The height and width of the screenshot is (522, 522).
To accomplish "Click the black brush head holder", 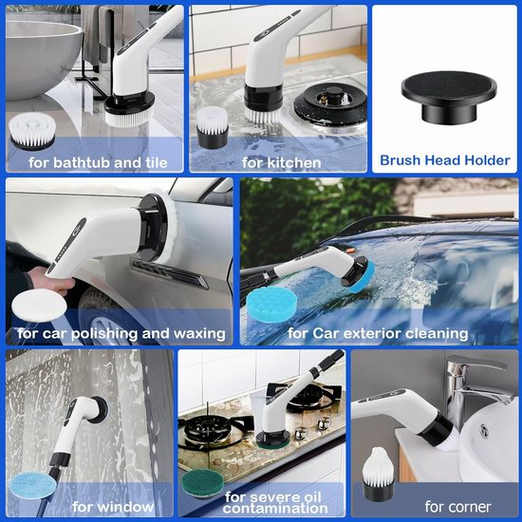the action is click(449, 97).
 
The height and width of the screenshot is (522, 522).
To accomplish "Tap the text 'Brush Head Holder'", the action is click(445, 160).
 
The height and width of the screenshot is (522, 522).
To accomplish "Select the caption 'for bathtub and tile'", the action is click(98, 163).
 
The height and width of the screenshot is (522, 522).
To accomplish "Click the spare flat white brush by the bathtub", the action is click(32, 131).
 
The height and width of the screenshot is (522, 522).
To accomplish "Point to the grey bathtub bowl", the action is click(42, 58).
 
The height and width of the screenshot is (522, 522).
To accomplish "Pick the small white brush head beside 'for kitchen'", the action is click(212, 127).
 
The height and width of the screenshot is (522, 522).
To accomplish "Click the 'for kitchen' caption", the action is click(281, 163).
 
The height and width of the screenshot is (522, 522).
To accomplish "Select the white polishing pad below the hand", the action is click(39, 306).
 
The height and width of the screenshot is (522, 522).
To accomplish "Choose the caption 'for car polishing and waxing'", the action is click(121, 333).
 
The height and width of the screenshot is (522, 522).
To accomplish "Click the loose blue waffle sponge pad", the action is click(271, 305).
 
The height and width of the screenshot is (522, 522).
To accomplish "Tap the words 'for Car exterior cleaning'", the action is click(378, 333).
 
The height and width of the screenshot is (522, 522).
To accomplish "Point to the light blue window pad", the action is click(32, 485).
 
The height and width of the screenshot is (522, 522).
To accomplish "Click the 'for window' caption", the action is click(113, 507).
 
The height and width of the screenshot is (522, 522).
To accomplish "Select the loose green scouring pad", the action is click(203, 483).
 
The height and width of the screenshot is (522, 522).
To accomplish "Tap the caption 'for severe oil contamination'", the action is click(275, 503).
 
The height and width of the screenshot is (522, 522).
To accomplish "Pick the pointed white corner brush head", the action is click(378, 473).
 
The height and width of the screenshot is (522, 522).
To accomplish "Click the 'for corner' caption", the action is click(457, 507).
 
